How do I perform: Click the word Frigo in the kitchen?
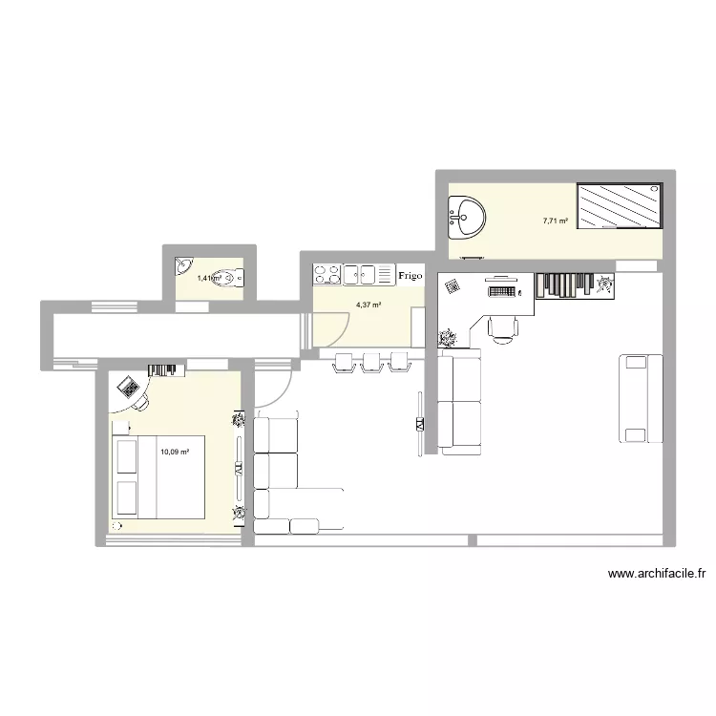pos(411,275)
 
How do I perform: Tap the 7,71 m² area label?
pos(555,221)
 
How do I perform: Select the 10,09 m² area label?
pos(175,453)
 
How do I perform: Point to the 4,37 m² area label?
pos(369,305)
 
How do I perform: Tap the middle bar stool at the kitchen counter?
pos(370,361)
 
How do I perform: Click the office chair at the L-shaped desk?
pos(502,326)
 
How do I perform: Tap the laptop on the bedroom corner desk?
pos(127,387)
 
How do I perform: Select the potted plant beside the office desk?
pos(447,337)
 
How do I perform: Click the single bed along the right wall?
pos(641,398)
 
